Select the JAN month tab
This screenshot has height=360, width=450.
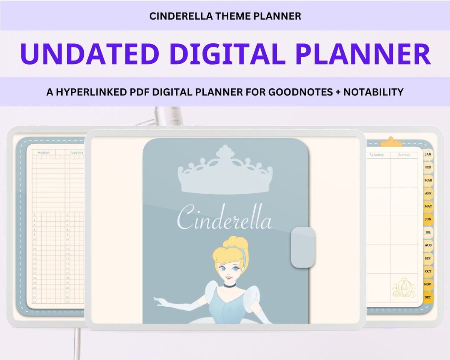[428, 155]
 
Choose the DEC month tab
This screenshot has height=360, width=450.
[427, 297]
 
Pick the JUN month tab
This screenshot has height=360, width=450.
[428, 219]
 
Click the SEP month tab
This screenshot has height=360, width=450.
[428, 258]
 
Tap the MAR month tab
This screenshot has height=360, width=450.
[428, 180]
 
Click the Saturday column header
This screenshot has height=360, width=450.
[377, 155]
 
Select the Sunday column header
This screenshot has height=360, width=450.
[404, 155]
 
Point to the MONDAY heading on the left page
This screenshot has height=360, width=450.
[44, 152]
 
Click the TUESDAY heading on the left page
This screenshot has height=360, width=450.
[76, 152]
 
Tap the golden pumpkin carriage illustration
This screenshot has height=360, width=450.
[404, 288]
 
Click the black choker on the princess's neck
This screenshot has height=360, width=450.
[229, 285]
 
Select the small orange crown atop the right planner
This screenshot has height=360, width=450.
[391, 142]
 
